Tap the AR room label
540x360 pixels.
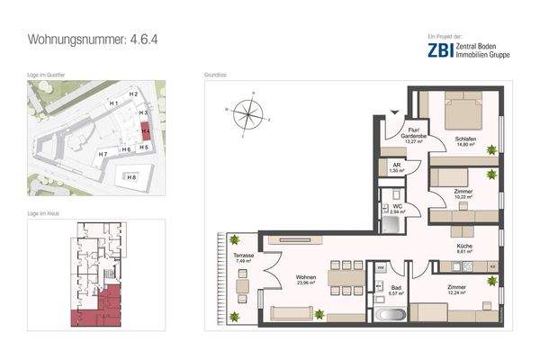click(396, 166)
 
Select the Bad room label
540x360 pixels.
click(395, 288)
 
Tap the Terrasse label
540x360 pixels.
click(241, 257)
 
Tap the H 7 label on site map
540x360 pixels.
click(103, 155)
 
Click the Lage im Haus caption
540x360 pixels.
click(46, 211)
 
